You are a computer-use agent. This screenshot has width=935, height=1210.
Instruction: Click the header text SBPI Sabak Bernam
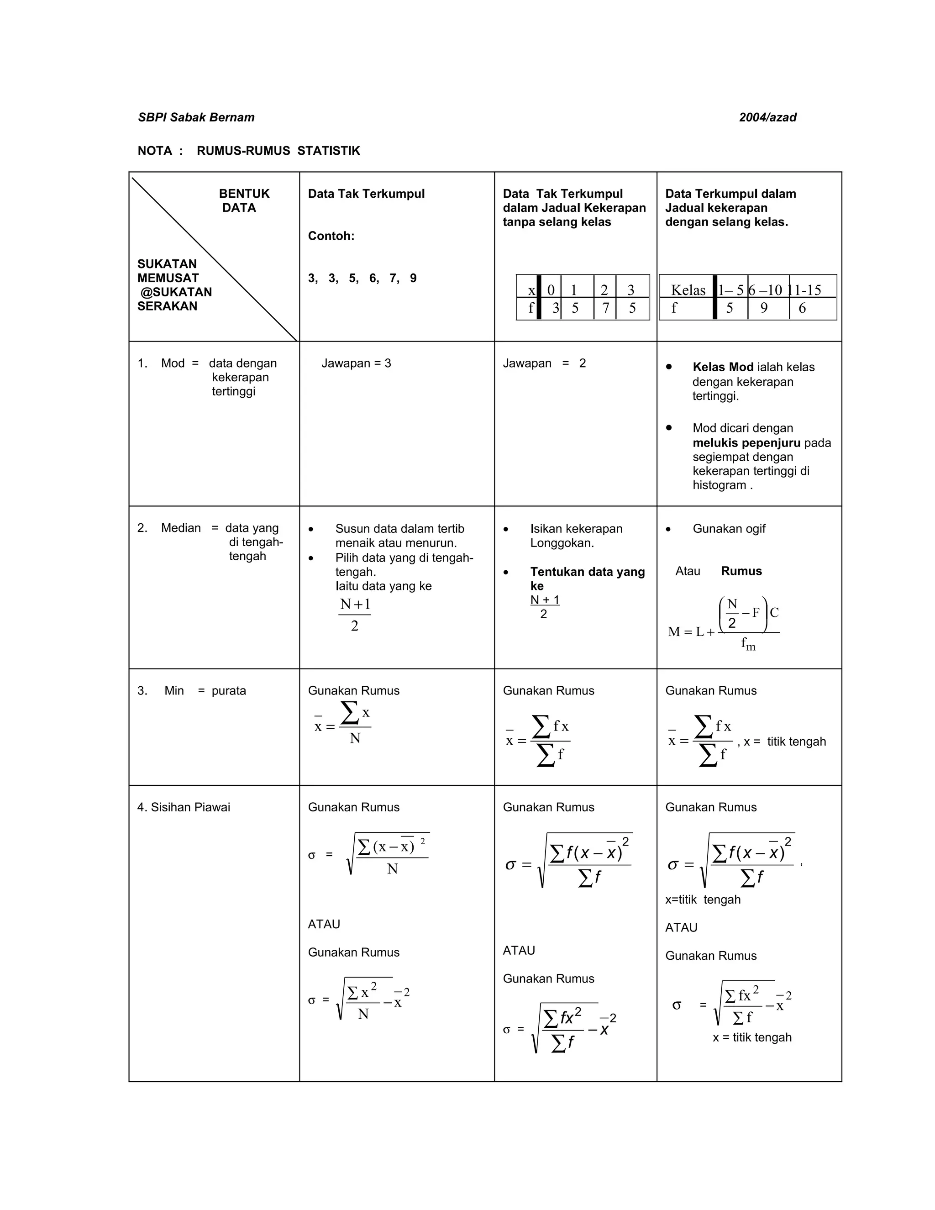tap(196, 117)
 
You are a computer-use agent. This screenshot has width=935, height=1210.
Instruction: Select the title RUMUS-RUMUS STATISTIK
tap(278, 151)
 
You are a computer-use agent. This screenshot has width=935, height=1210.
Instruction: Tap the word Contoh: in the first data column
tap(331, 236)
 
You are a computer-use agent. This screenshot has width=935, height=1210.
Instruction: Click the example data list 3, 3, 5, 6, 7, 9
tap(362, 278)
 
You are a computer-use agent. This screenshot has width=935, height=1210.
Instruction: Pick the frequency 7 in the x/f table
tap(605, 309)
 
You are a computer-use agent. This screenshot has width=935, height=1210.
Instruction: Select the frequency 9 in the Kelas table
tap(764, 309)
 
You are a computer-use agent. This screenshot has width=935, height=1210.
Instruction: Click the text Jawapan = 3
tap(356, 363)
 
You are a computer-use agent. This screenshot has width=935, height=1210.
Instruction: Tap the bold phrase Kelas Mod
tap(722, 367)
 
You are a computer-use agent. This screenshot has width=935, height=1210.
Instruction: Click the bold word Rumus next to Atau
tap(741, 571)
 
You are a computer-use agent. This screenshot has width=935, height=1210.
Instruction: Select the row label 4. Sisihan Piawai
tap(184, 807)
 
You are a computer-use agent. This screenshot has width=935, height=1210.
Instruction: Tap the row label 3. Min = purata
tap(192, 691)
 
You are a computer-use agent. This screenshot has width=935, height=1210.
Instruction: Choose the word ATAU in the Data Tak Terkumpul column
tap(324, 924)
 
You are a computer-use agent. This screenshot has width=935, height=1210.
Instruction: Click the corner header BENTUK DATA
tap(243, 200)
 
